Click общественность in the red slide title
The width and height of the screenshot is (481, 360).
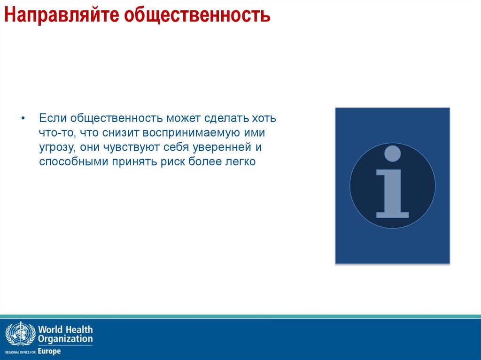point(197,15)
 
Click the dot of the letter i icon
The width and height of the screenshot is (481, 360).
point(392,153)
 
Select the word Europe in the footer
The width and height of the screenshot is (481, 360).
point(49,351)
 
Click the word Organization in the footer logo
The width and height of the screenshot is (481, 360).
point(65,339)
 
